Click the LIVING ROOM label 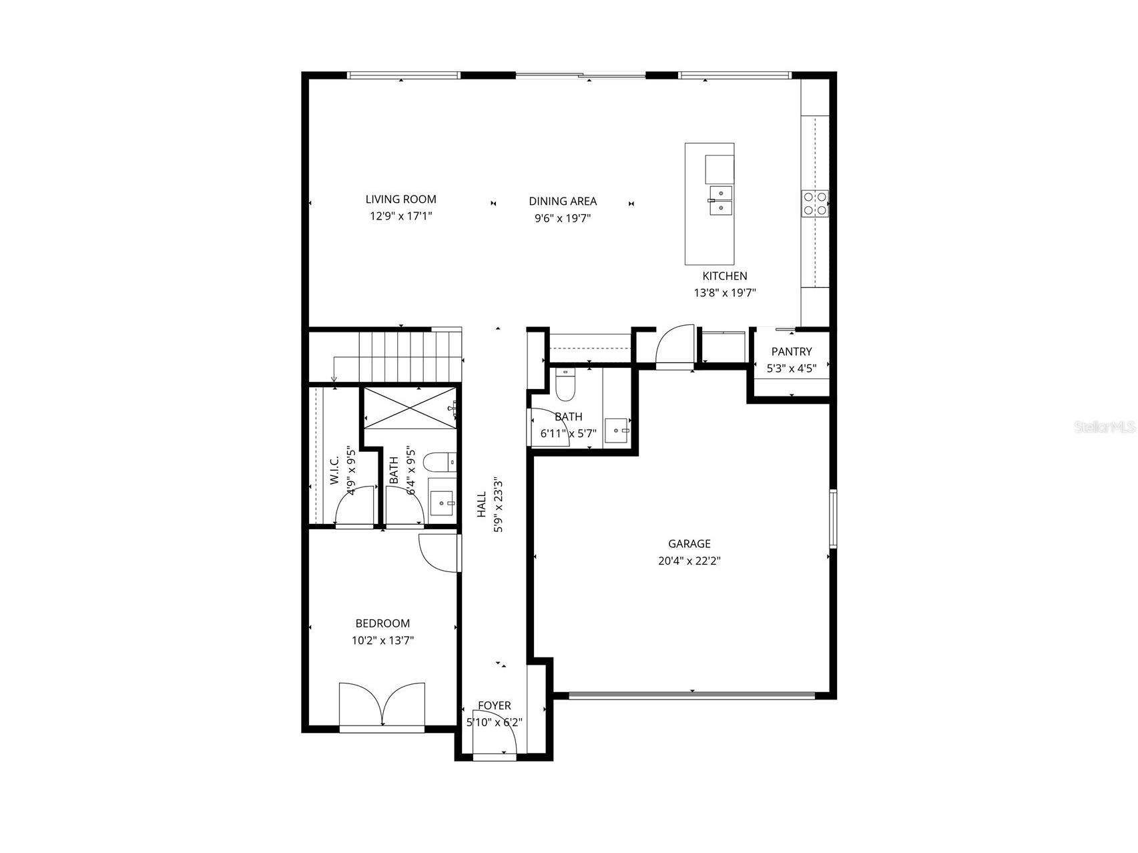(x=400, y=199)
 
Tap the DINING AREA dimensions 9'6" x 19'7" (x=563, y=218)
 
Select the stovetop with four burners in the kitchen (x=815, y=204)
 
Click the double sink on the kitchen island (x=720, y=200)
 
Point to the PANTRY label (x=792, y=352)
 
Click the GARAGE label (x=689, y=544)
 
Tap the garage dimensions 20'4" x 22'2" (x=689, y=561)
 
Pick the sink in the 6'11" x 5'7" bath (x=616, y=431)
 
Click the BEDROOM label (x=382, y=623)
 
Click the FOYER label (x=494, y=705)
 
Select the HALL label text (x=481, y=505)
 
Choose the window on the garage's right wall (x=832, y=519)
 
